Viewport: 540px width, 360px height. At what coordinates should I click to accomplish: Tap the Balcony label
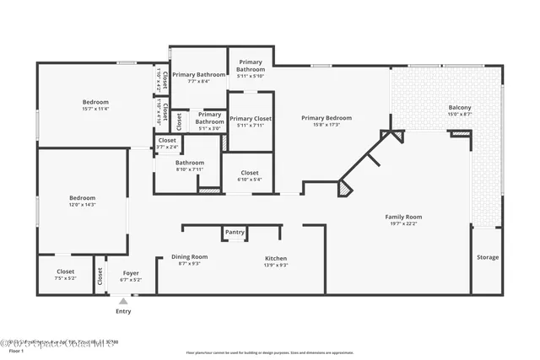(460, 108)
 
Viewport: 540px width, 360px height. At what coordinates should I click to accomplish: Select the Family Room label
(403, 217)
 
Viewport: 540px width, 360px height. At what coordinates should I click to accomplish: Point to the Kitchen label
(276, 258)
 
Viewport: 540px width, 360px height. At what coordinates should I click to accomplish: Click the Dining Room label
(189, 256)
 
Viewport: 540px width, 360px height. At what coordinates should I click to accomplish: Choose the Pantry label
(235, 232)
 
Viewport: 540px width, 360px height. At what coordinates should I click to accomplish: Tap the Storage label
(487, 257)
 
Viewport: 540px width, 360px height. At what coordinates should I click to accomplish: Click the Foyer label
(131, 272)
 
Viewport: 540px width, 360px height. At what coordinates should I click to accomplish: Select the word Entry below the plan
(123, 312)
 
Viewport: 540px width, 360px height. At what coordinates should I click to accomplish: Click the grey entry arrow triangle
(123, 300)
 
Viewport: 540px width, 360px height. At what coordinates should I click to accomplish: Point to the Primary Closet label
(251, 119)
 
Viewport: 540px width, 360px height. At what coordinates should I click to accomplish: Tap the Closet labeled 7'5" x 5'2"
(65, 277)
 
